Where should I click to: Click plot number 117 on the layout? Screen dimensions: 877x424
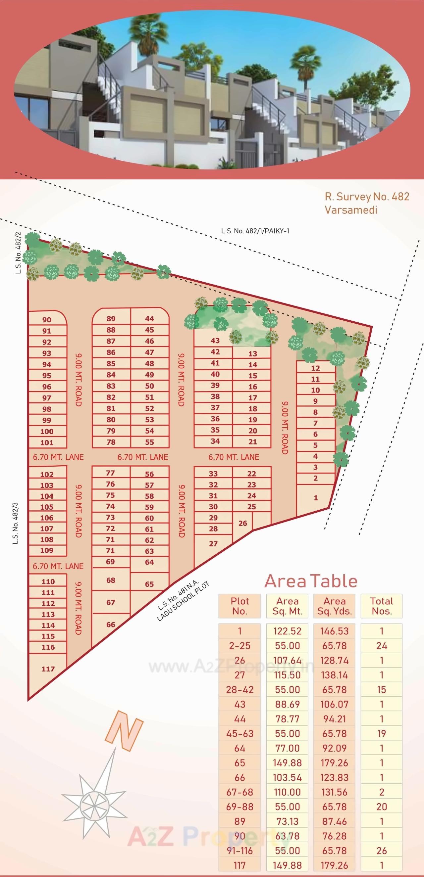(48, 669)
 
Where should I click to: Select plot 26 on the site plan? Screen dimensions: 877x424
(243, 523)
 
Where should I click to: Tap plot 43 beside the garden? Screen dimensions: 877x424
(215, 341)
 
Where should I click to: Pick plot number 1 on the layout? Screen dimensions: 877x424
(316, 498)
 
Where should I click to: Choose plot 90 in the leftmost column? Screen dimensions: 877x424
(47, 320)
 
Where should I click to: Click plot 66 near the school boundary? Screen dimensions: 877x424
(111, 624)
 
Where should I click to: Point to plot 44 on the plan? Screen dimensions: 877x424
(149, 319)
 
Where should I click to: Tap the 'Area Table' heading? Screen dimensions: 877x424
(310, 581)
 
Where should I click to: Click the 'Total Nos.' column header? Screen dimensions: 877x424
(381, 606)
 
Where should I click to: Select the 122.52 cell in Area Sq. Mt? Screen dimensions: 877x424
(287, 631)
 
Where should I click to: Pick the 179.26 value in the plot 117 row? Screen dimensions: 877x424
(334, 865)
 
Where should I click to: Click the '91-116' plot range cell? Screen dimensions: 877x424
(239, 851)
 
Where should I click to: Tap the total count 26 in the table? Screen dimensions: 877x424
(381, 851)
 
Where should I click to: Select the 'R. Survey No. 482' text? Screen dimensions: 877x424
(367, 197)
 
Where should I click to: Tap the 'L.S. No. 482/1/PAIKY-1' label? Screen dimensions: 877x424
(255, 231)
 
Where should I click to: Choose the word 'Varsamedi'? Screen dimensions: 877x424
(351, 210)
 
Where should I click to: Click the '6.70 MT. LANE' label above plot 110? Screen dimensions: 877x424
(58, 566)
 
